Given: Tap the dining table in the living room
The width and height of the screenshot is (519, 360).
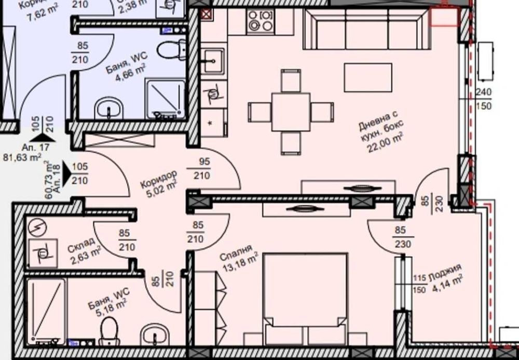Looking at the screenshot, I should coord(291,112).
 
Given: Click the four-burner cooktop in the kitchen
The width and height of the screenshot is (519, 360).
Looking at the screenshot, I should coord(261,21).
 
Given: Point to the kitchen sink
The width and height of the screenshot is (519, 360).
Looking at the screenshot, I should coord(213,61).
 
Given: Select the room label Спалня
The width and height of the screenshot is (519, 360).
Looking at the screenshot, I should coord(236,256).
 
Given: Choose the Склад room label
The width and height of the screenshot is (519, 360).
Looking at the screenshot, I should coord(81,245).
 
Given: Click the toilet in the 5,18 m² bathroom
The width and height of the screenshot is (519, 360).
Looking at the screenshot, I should coord(109,331).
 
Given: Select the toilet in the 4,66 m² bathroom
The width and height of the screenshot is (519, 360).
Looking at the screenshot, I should coord(171,50).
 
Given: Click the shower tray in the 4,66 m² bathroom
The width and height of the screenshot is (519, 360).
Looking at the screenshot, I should coord(165,98).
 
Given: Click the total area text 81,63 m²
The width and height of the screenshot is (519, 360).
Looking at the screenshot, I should coord(22,156).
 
